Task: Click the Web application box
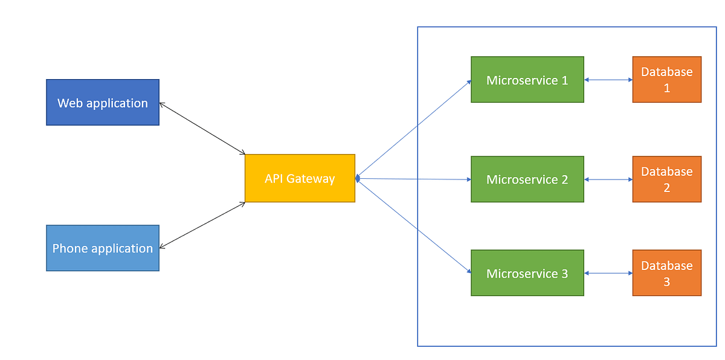pos(103,102)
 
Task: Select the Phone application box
pos(103,248)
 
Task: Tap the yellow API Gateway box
pos(300,178)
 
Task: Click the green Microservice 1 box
pos(527,80)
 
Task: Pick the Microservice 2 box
pos(527,179)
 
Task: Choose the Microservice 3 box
pos(527,273)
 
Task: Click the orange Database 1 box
pos(666,80)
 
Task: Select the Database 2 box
pos(666,179)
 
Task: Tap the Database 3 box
pos(666,273)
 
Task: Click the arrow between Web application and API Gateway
pos(202,128)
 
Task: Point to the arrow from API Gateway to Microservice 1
pos(414,129)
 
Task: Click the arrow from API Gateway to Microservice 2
pos(414,179)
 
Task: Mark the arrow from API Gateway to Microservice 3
pos(414,226)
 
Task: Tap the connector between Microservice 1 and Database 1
pos(608,80)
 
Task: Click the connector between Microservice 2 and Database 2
pos(608,179)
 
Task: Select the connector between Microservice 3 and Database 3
pos(608,273)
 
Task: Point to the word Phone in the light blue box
pos(69,248)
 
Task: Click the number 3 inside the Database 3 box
pos(666,281)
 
